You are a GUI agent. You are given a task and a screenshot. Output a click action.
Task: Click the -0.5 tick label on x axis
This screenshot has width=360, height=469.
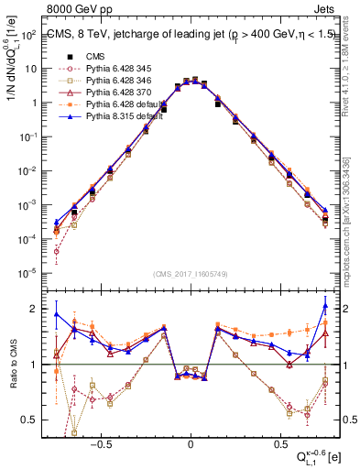click(101, 441)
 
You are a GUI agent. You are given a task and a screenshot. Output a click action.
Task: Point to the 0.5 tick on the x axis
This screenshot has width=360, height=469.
click(279, 441)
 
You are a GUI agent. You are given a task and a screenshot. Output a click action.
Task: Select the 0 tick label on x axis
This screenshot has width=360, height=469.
click(191, 441)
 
